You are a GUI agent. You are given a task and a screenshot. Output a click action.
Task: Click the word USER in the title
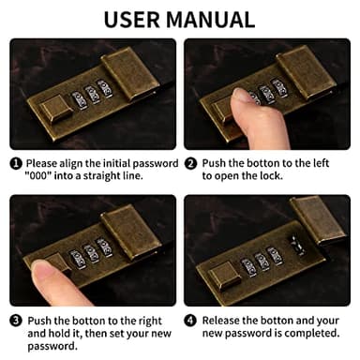(138, 19)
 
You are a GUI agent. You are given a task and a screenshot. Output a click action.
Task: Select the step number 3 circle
(16, 319)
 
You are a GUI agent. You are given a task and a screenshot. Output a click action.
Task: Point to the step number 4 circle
(191, 319)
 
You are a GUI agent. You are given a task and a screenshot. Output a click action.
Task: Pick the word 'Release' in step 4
(223, 319)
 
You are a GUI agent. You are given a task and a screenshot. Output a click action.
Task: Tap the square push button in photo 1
(53, 114)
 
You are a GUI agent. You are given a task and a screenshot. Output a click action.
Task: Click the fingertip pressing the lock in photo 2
(241, 98)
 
